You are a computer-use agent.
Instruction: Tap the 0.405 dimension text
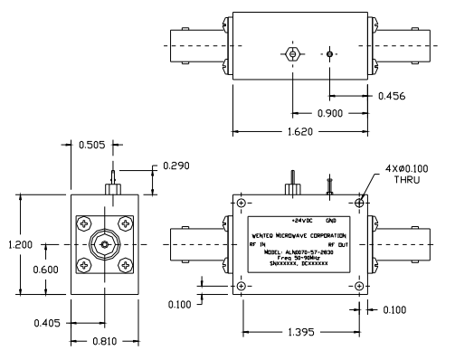click(x=52, y=319)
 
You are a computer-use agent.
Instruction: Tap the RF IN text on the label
click(x=257, y=243)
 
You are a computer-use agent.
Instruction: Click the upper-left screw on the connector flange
click(x=82, y=223)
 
